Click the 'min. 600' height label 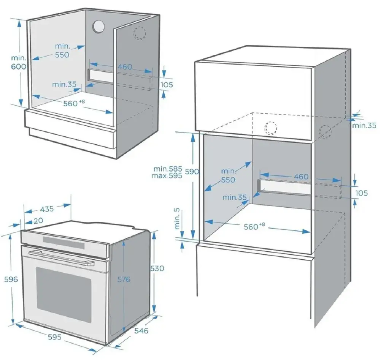(x=18, y=62)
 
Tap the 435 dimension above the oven (x=47, y=209)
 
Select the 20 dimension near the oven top (x=38, y=220)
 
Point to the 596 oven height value (x=11, y=279)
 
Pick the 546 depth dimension (x=141, y=331)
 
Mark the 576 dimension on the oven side (x=124, y=279)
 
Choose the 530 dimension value (x=157, y=268)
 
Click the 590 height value (x=192, y=172)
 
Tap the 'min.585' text (x=168, y=169)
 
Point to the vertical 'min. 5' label (x=178, y=219)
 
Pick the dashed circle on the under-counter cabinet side (x=140, y=33)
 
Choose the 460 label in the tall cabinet (x=301, y=177)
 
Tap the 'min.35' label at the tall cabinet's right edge (x=364, y=125)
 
